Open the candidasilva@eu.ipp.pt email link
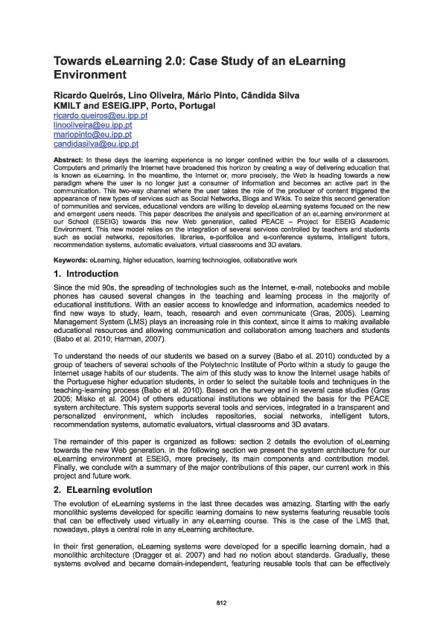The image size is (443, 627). [95, 144]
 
